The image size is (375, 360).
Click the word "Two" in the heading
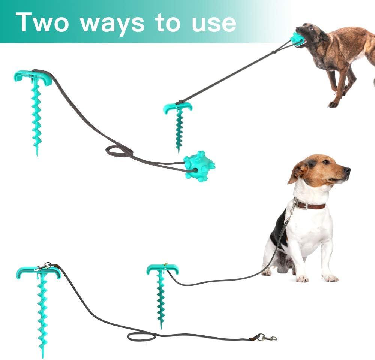(42, 22)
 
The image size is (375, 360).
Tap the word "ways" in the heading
(112, 23)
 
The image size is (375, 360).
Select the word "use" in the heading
(214, 24)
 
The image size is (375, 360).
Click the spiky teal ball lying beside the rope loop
(199, 166)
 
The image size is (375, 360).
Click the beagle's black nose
(348, 170)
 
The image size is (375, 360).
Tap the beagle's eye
(326, 162)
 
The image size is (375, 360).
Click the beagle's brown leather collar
(310, 205)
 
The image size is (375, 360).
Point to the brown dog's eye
(310, 28)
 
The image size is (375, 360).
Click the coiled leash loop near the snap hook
(141, 337)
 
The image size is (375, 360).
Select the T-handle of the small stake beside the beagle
(162, 269)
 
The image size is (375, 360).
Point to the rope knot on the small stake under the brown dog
(179, 102)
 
